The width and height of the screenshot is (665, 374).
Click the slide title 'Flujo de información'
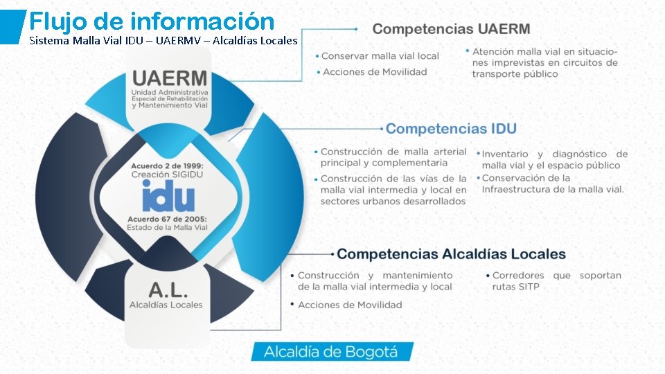click(x=152, y=20)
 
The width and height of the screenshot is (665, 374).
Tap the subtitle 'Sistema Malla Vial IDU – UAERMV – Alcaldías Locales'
click(x=163, y=41)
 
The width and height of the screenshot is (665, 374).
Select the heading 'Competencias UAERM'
click(x=451, y=29)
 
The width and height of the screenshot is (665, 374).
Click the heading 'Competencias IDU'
click(x=450, y=129)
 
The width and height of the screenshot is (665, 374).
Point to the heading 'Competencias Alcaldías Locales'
click(x=451, y=254)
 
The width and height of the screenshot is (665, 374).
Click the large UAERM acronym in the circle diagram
click(x=170, y=78)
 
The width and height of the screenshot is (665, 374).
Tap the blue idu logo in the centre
click(x=168, y=198)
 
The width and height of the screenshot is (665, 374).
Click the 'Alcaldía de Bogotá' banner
click(x=331, y=352)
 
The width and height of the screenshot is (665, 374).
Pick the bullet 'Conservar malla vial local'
click(x=380, y=55)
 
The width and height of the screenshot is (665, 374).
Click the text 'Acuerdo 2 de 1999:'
click(x=168, y=166)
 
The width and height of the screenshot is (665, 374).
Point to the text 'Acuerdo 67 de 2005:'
click(x=167, y=219)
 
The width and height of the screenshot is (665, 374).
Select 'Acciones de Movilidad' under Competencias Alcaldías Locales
click(x=350, y=305)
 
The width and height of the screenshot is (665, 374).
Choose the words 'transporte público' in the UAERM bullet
click(x=515, y=74)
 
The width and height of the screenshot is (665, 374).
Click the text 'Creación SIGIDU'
click(x=168, y=175)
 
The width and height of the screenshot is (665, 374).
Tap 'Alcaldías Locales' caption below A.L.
click(x=166, y=305)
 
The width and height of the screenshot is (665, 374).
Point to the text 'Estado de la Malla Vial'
click(x=167, y=228)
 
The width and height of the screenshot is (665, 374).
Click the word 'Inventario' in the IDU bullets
click(x=505, y=154)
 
